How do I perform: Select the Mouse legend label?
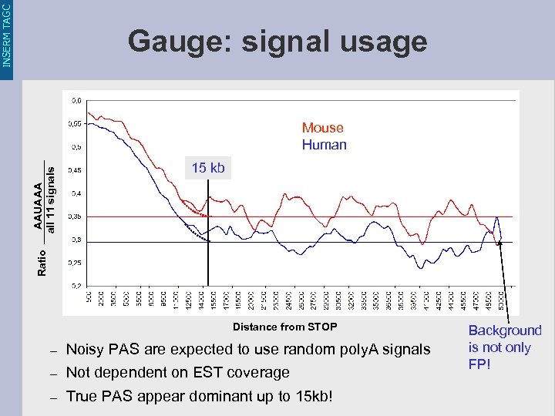pyautogui.click(x=322, y=128)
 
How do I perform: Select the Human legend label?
pyautogui.click(x=324, y=145)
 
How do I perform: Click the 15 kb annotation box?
pyautogui.click(x=208, y=168)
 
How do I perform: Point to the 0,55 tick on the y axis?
pyautogui.click(x=77, y=123)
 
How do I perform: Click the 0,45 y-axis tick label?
pyautogui.click(x=77, y=170)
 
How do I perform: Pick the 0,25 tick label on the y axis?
pyautogui.click(x=77, y=263)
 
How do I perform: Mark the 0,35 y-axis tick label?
pyautogui.click(x=77, y=217)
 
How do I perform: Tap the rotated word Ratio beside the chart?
pyautogui.click(x=42, y=263)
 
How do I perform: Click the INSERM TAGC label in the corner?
pyautogui.click(x=7, y=34)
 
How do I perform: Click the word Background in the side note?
pyautogui.click(x=505, y=330)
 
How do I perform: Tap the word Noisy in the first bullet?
pyautogui.click(x=86, y=350)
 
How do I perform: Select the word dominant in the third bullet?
pyautogui.click(x=216, y=398)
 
